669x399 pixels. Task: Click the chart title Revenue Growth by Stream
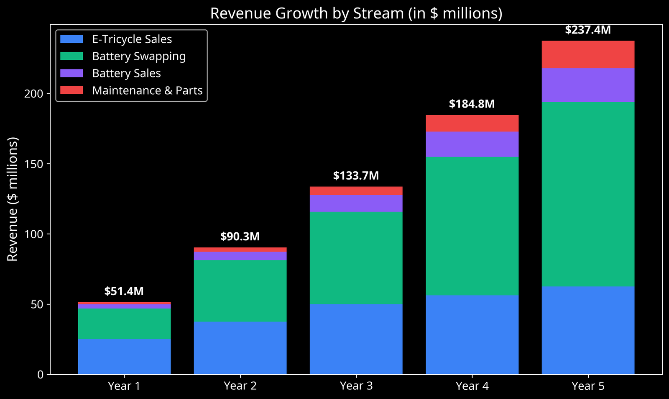[356, 13]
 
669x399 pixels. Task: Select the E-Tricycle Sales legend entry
[132, 39]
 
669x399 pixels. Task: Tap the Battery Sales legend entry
[126, 73]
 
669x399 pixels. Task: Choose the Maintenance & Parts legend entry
[147, 90]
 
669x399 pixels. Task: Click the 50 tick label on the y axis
[37, 304]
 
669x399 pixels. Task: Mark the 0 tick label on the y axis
[40, 375]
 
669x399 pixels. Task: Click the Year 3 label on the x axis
[356, 386]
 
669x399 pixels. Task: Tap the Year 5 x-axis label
[588, 386]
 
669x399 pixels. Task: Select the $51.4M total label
[124, 291]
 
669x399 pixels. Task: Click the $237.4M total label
[588, 30]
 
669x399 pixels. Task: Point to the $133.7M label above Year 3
[356, 176]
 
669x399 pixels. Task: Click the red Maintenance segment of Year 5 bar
[588, 55]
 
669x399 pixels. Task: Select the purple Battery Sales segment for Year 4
[472, 144]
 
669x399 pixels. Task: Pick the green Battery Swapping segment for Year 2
[240, 291]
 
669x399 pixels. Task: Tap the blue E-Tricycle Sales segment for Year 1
[124, 356]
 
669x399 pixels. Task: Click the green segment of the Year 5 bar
[588, 194]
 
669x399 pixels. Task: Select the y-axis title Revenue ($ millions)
[13, 199]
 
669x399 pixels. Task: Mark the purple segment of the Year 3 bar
[356, 203]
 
